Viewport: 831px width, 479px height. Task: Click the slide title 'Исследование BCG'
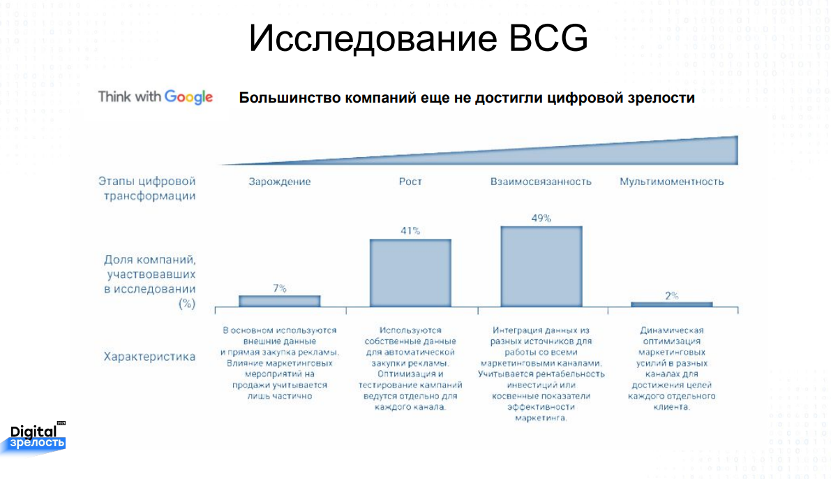[418, 38]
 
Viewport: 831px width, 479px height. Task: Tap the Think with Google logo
[156, 97]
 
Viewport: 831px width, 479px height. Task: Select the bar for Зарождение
[279, 301]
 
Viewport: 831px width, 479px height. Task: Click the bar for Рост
[410, 272]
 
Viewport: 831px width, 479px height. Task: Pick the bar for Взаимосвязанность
[541, 266]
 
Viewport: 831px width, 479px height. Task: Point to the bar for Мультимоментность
[671, 304]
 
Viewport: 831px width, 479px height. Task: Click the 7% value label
[280, 288]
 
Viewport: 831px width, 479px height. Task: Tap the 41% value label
[410, 230]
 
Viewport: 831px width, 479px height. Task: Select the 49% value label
[541, 218]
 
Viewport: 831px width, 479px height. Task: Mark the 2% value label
[672, 296]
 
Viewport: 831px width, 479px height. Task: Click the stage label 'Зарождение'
[280, 182]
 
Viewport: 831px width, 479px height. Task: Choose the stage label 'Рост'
[410, 182]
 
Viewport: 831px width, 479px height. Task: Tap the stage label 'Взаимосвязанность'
[541, 182]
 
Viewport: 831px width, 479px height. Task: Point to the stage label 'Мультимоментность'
[671, 182]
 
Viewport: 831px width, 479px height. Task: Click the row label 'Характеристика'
[149, 357]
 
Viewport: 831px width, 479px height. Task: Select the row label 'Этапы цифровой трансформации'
[147, 189]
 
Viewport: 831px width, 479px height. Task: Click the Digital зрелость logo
[36, 438]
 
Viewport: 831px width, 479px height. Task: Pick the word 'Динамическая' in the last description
[671, 330]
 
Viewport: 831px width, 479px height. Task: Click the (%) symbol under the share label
[187, 304]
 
